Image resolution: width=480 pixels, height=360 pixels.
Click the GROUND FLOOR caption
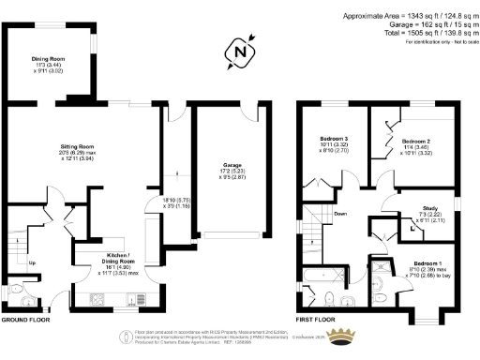(x=26, y=321)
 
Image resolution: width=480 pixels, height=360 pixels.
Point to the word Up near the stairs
(x=32, y=262)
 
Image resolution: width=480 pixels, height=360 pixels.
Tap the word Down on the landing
(x=340, y=214)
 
